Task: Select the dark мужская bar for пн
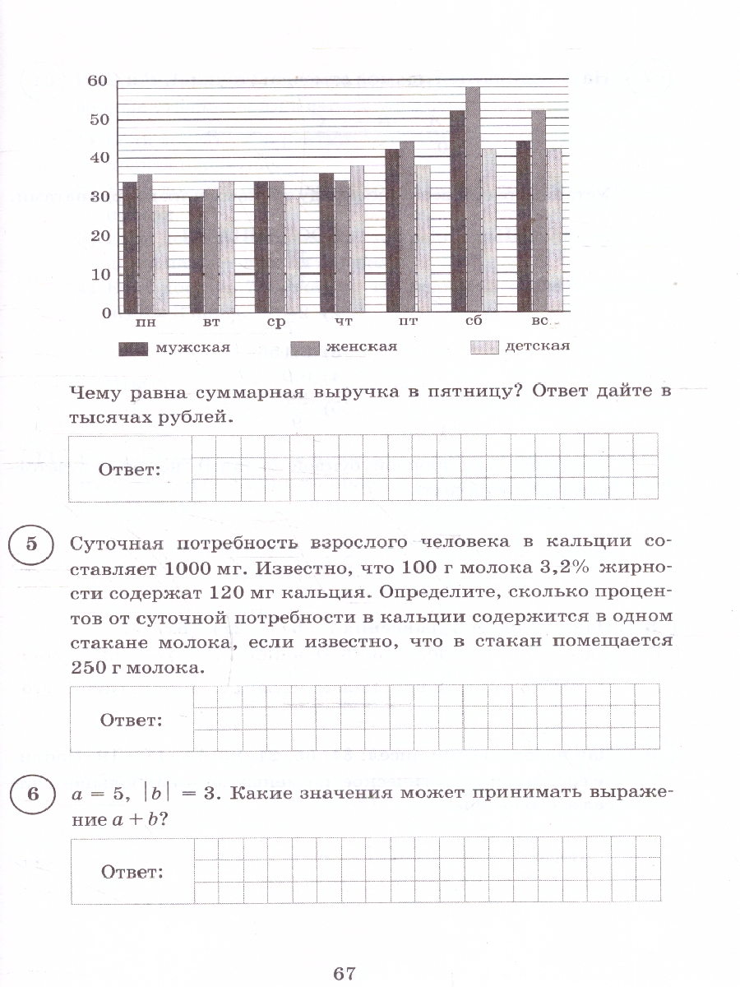point(129,247)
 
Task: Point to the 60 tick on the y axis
point(98,81)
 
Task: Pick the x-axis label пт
point(407,323)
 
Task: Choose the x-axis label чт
point(344,323)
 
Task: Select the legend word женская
point(361,347)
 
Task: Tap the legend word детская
point(537,346)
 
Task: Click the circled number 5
point(31,545)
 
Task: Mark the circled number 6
point(31,795)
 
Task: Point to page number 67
point(345,974)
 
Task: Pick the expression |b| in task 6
point(161,795)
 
